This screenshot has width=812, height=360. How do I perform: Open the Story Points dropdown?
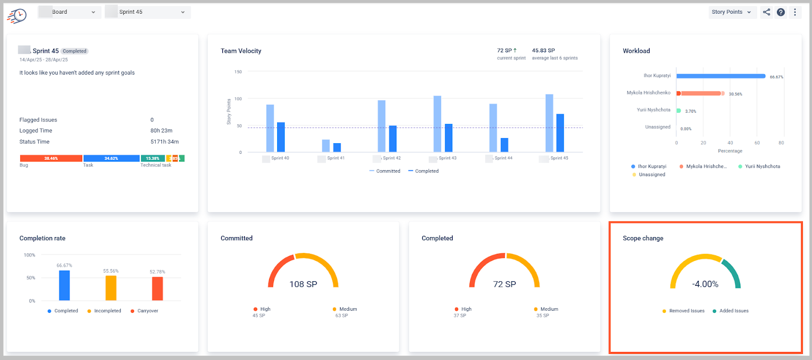(x=731, y=12)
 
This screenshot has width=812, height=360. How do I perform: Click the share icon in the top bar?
(x=766, y=12)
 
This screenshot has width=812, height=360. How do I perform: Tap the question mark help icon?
(x=781, y=12)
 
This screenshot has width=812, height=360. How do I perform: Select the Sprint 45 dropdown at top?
(x=148, y=12)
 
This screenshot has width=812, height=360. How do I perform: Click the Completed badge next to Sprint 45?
(x=75, y=51)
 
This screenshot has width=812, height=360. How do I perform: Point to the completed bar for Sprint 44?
(x=504, y=145)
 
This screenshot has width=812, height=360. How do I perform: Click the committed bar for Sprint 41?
(x=326, y=146)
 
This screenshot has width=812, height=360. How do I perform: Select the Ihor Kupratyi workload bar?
(x=721, y=76)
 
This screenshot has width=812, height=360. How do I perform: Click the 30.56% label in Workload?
(x=735, y=94)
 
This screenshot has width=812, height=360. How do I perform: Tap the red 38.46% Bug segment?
(x=51, y=158)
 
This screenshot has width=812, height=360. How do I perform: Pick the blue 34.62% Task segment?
(x=111, y=158)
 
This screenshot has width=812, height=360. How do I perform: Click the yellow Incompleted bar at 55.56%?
(x=111, y=288)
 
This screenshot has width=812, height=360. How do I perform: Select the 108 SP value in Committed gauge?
(x=303, y=284)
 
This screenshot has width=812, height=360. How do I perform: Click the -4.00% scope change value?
(x=705, y=284)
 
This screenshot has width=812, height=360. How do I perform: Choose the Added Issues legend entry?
(x=733, y=311)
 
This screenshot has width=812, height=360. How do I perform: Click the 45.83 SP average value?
(x=543, y=50)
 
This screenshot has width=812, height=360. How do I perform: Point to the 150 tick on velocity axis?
(x=238, y=72)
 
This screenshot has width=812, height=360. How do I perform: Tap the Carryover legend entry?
(x=147, y=311)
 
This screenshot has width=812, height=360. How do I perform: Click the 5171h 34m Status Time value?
(x=164, y=142)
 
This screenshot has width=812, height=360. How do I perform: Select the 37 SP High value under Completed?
(x=460, y=315)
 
